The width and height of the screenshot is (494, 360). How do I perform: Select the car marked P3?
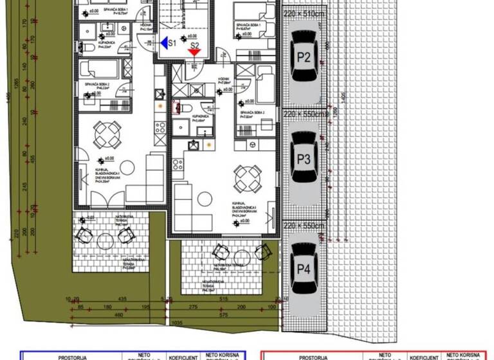pos(304,157)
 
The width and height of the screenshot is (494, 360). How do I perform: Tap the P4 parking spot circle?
pos(304,269)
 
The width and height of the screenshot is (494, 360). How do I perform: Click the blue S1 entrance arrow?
pos(165,42)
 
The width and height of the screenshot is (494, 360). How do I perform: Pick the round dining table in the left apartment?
pos(106,133)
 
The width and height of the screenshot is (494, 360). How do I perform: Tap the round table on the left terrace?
pos(105,240)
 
